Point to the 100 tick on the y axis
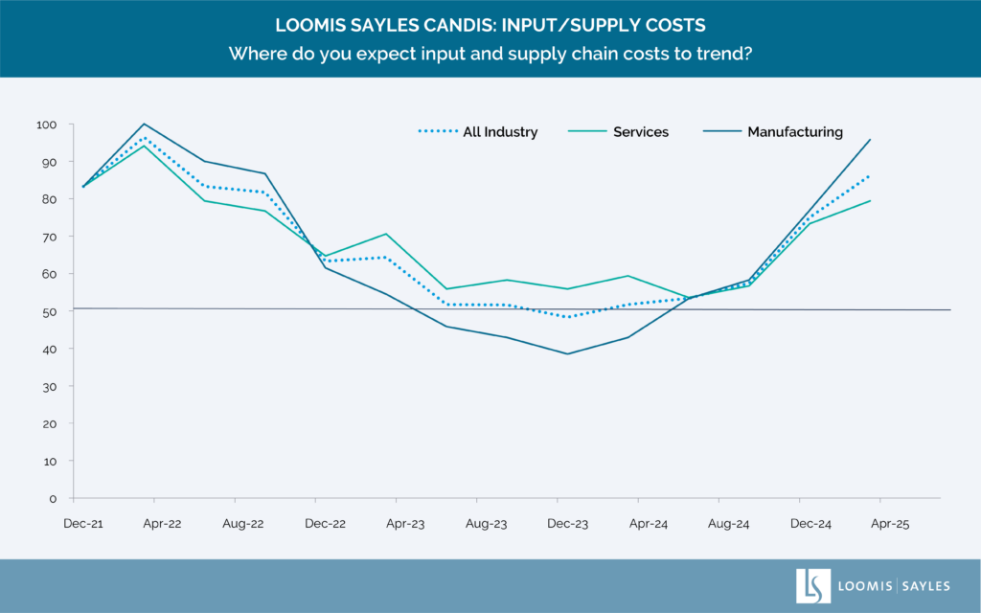pos(47,125)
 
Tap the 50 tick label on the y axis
pos(50,311)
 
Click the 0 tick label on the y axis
pos(54,498)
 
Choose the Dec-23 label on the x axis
pos(568,524)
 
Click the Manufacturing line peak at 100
pos(144,124)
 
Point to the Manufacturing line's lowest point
pos(568,353)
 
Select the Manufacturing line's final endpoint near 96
pos(870,140)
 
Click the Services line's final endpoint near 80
pos(870,200)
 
